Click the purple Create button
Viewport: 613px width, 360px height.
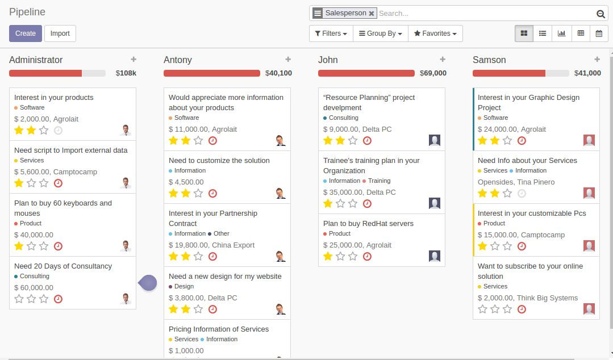pos(26,34)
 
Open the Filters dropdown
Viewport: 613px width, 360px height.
pos(331,34)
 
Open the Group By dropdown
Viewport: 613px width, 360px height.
pos(381,34)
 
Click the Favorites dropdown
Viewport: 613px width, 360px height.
pos(435,34)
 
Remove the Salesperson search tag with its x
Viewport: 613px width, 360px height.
pos(372,14)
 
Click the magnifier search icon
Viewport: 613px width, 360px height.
pos(601,14)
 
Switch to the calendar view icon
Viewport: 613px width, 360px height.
pos(599,34)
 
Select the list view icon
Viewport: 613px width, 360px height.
pos(543,34)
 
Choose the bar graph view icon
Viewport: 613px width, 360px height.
pos(561,34)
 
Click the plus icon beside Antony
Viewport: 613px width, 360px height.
pos(288,60)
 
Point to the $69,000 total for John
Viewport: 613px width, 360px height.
pos(433,73)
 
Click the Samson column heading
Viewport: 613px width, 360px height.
pos(489,60)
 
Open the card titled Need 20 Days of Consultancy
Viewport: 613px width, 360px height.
pos(63,266)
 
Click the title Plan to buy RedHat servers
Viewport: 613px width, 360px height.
pos(368,224)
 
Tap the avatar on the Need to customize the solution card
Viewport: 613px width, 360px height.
pos(280,193)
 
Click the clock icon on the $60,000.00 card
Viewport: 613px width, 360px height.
pos(58,299)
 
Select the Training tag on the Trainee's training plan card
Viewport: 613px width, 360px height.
pos(379,181)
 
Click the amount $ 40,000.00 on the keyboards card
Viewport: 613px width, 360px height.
pos(34,235)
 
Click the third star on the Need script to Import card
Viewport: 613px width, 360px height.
pos(44,183)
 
